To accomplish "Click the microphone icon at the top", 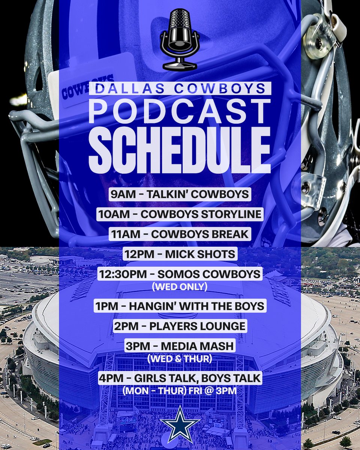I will [x=179, y=39].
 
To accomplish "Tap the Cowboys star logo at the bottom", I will [x=180, y=424].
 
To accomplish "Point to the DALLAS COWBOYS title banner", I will [x=180, y=88].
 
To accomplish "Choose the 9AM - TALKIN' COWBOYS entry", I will [x=180, y=195].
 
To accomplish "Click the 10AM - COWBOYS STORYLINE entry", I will [x=180, y=214].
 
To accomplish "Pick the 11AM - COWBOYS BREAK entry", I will [x=180, y=234].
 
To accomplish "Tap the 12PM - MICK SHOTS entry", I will [x=180, y=254].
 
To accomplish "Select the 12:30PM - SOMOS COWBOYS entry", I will [x=180, y=274].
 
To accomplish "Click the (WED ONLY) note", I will [x=180, y=287].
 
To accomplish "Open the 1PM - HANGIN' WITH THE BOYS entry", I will [x=180, y=306].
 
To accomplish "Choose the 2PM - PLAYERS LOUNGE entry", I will [x=180, y=325].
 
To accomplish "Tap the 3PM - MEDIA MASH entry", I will [x=180, y=345].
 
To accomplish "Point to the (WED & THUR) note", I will [x=180, y=358].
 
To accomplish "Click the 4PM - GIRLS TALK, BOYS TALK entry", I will [x=180, y=378].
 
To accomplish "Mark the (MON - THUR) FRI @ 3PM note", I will [x=180, y=391].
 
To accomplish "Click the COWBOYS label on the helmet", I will [x=88, y=87].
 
